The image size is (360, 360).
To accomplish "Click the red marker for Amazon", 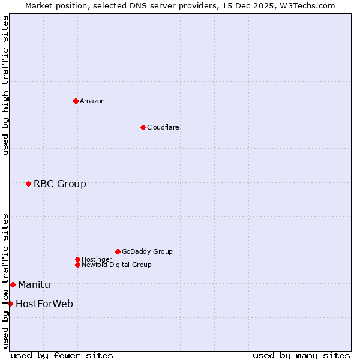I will pyautogui.click(x=76, y=101).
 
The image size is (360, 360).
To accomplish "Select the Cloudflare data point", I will pyautogui.click(x=143, y=127).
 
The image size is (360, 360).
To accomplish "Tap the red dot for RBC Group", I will pyautogui.click(x=28, y=184).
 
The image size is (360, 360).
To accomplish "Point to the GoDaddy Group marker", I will pyautogui.click(x=118, y=251).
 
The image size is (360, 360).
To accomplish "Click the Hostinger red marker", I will pyautogui.click(x=77, y=259).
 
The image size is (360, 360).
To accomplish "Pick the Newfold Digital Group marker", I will pyautogui.click(x=77, y=265).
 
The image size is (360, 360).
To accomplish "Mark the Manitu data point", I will pyautogui.click(x=13, y=284).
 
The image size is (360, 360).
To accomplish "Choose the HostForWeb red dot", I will pyautogui.click(x=10, y=304).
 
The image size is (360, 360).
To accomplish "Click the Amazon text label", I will pyautogui.click(x=92, y=101).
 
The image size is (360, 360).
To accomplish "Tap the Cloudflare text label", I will pyautogui.click(x=163, y=127).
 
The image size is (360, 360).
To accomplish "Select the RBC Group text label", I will pyautogui.click(x=60, y=184).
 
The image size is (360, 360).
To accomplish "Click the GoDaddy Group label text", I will pyautogui.click(x=147, y=251).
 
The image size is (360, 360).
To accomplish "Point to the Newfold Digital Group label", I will pyautogui.click(x=117, y=265).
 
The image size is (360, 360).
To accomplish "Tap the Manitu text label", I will pyautogui.click(x=34, y=284).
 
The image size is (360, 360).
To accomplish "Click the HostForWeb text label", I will pyautogui.click(x=44, y=304).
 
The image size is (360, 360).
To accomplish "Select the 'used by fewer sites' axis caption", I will pyautogui.click(x=62, y=355).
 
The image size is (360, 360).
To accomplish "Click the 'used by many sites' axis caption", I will pyautogui.click(x=301, y=355).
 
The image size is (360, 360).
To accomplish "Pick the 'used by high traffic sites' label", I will pyautogui.click(x=5, y=85).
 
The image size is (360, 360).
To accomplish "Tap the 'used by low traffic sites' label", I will pyautogui.click(x=5, y=281).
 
